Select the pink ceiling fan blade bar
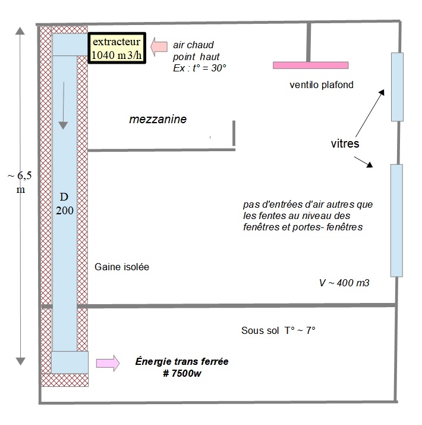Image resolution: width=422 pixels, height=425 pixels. point(310,65)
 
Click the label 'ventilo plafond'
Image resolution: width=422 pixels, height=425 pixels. point(321,85)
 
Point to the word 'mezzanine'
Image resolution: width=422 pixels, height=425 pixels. point(158,120)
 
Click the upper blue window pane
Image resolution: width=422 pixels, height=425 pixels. point(396,87)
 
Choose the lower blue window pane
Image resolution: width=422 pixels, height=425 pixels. point(396,220)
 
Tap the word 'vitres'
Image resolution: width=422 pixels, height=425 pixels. point(345,143)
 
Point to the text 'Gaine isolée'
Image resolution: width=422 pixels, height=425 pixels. point(122,267)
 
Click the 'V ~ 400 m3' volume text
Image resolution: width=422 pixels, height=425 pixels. point(344,283)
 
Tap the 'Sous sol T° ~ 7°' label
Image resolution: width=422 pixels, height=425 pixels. point(278,330)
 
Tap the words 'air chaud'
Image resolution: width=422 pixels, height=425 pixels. point(193,45)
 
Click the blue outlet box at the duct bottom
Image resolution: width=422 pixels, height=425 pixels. point(69,362)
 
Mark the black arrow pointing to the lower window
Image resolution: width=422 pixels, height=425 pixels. point(364,161)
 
